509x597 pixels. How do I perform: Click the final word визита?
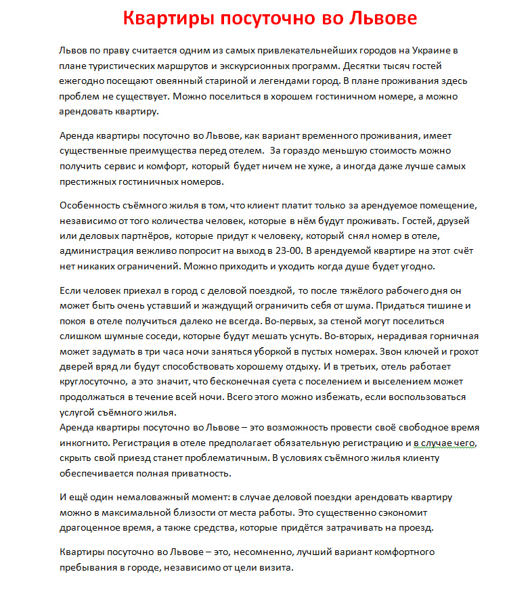click(277, 567)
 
